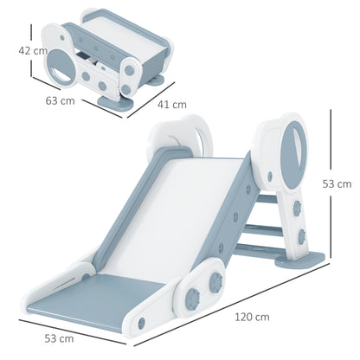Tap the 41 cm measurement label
click(172, 105)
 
